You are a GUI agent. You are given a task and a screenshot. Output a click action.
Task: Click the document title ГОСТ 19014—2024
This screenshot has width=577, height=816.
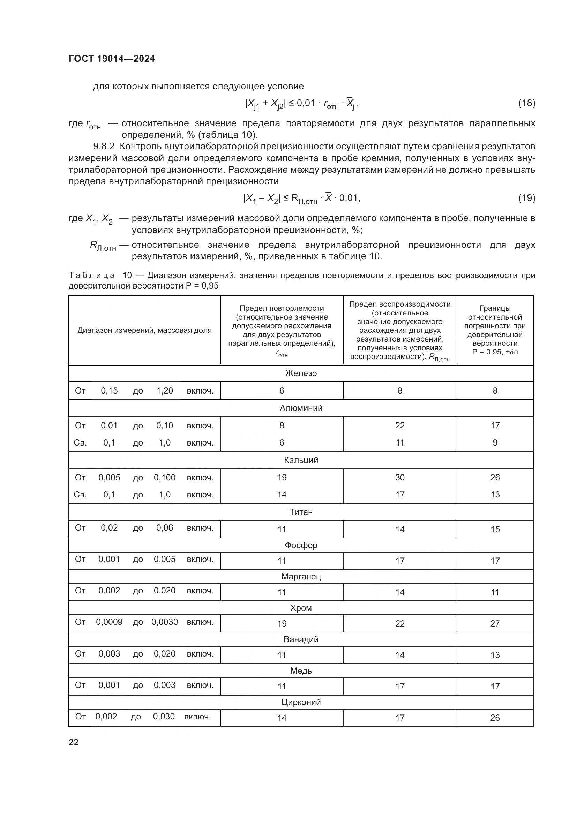112,59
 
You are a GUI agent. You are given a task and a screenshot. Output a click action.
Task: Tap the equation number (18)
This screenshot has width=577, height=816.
526,103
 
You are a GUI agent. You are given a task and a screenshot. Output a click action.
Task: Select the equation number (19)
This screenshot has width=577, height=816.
526,198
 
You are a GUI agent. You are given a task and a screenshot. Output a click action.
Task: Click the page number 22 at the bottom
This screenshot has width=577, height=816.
74,742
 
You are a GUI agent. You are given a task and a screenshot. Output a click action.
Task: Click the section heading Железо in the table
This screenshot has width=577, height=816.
301,373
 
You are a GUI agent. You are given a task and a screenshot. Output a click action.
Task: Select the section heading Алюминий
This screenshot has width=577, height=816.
301,408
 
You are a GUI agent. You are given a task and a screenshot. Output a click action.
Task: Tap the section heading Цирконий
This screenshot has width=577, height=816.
301,702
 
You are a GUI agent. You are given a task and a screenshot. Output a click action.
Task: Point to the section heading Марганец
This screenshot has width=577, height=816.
301,576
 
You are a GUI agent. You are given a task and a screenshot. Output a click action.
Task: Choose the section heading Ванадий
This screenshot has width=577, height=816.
301,639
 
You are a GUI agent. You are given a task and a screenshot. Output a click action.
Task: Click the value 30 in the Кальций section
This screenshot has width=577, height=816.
400,477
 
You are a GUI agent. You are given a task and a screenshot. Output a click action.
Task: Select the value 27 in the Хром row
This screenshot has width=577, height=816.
495,623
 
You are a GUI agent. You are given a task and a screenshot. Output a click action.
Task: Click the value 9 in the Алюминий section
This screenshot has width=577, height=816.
495,442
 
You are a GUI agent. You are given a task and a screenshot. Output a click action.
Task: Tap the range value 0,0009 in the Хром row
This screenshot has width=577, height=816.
109,622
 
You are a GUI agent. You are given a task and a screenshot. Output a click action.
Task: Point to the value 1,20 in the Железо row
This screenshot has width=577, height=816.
165,391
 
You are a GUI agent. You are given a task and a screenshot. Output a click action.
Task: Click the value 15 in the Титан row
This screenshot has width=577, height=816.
495,530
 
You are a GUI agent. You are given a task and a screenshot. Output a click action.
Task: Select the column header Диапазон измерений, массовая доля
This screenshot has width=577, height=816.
144,330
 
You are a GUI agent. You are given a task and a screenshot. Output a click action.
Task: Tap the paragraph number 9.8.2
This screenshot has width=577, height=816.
104,147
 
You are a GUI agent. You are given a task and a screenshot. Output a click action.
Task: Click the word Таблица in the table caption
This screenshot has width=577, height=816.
92,275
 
